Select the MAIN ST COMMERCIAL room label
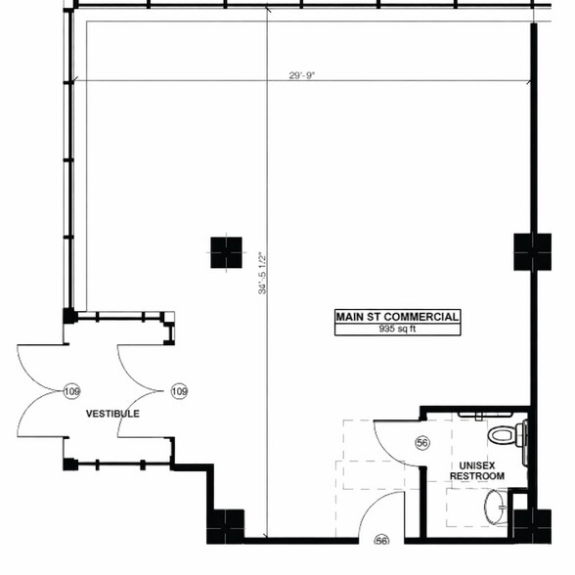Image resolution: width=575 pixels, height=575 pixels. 397,317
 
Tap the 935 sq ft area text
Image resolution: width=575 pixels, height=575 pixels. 397,330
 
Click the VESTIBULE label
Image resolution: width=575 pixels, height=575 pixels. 112,414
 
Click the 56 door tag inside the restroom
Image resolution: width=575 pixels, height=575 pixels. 422,444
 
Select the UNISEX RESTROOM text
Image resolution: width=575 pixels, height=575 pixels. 476,470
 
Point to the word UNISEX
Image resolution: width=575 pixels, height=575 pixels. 476,464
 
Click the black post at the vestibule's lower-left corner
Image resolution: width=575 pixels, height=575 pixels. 69,464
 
